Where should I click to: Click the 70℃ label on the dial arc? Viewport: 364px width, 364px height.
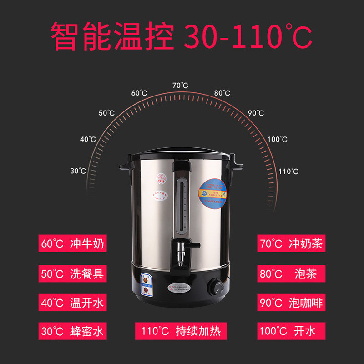click(x=180, y=86)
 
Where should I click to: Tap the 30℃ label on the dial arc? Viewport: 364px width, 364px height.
click(x=78, y=171)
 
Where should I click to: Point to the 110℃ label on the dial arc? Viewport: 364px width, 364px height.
click(x=288, y=172)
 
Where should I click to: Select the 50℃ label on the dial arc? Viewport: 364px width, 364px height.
click(x=106, y=113)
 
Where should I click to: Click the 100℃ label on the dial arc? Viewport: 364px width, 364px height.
click(x=277, y=139)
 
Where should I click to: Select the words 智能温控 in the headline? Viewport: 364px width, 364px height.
click(x=112, y=36)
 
